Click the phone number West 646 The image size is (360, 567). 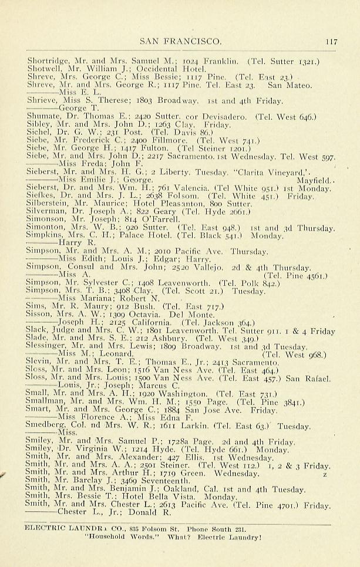pos(295,117)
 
